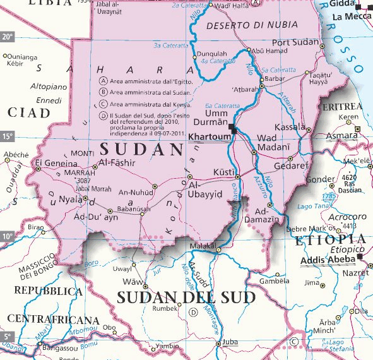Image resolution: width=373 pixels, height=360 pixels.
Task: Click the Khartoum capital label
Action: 211,138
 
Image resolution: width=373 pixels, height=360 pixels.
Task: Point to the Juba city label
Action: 230,344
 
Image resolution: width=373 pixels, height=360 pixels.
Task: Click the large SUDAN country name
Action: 141,150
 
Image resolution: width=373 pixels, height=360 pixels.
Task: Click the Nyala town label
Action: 70,200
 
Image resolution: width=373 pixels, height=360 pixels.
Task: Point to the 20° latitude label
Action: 7,37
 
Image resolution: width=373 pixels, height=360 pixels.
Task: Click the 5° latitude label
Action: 7,336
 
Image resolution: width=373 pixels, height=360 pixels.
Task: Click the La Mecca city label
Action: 352,16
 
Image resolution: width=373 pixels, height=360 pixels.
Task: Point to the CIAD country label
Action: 28,112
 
